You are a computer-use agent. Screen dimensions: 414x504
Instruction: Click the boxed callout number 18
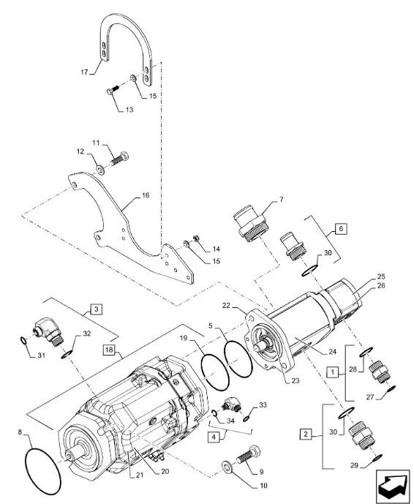pos(109,350)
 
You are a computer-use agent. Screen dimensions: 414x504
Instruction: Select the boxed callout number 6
pos(341,229)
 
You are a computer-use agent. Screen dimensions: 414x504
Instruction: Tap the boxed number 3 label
pos(97,309)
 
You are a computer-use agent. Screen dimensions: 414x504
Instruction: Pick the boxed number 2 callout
pos(306,435)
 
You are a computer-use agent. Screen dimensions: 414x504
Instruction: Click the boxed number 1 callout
pos(333,373)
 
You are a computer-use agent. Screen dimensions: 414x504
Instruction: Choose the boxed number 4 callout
pos(214,437)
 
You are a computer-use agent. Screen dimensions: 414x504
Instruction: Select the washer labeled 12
pos(100,170)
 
